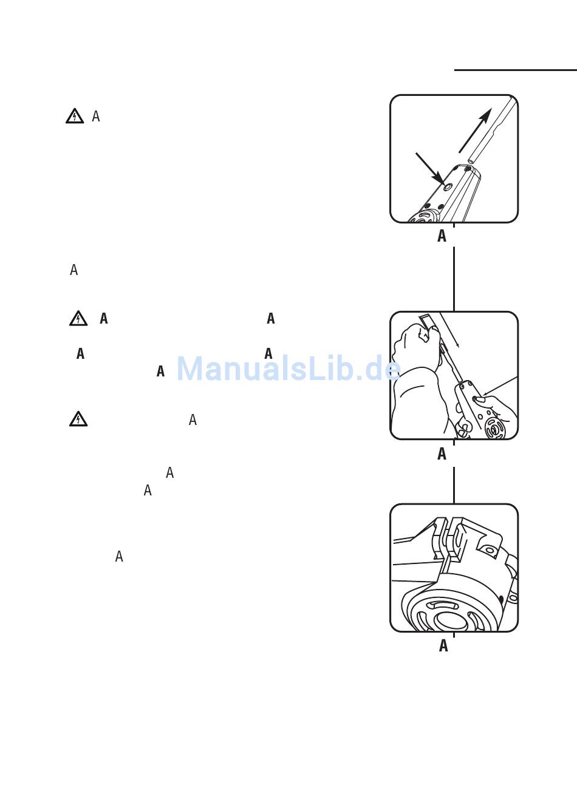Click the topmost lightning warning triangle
click(75, 116)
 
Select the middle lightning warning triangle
click(78, 318)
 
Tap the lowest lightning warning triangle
click(78, 420)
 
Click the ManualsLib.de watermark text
click(288, 369)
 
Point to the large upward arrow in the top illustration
click(476, 131)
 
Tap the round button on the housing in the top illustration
click(448, 187)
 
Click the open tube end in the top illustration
click(471, 162)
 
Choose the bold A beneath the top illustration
click(442, 236)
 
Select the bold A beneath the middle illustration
click(442, 454)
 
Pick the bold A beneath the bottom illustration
click(443, 645)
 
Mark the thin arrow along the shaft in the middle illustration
click(449, 330)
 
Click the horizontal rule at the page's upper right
click(516, 70)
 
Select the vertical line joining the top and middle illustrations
click(454, 279)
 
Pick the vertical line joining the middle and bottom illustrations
click(454, 485)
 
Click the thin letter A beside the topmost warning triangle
click(95, 116)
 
